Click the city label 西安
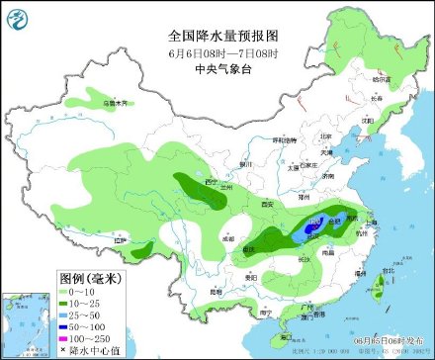[266, 204]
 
